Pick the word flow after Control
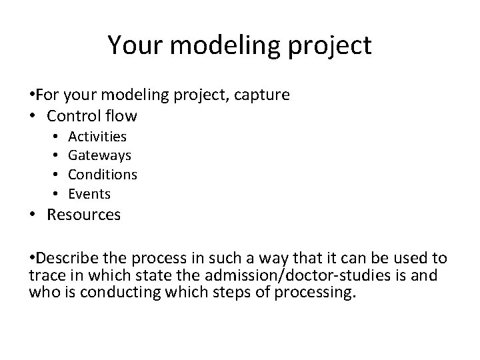120,116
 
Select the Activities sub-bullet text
97,137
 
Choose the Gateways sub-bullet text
100,156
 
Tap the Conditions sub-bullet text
103,175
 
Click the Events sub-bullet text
89,194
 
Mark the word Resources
84,215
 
